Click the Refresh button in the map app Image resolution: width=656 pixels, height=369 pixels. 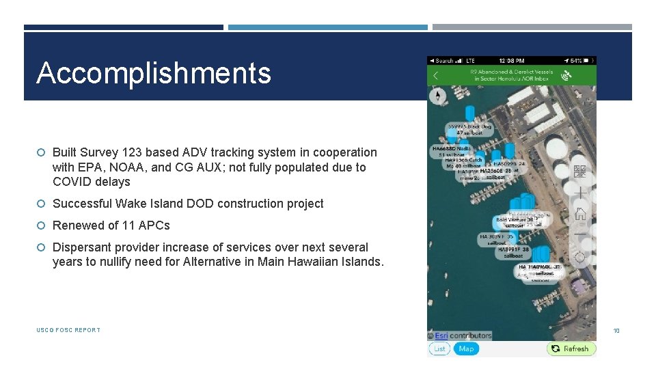[x=571, y=348]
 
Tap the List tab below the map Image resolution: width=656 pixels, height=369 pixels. [x=439, y=348]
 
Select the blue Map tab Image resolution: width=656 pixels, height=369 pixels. [x=466, y=348]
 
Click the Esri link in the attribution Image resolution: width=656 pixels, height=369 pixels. [x=441, y=336]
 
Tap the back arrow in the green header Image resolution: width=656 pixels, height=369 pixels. [x=436, y=76]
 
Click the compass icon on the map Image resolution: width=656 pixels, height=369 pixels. [x=437, y=96]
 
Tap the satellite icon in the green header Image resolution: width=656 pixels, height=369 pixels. [x=566, y=76]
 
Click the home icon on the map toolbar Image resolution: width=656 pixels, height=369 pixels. [x=580, y=214]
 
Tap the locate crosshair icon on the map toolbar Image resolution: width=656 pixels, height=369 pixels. [x=580, y=257]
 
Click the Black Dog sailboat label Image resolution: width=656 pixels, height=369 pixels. [x=469, y=129]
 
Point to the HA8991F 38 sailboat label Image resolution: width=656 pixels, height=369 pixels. [x=514, y=254]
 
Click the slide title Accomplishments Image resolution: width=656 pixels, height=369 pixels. [x=154, y=73]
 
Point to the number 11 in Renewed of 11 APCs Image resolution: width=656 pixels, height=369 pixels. [x=129, y=225]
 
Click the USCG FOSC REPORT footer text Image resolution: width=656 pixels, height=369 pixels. [x=68, y=330]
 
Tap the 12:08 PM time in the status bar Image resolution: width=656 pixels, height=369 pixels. [x=511, y=61]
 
